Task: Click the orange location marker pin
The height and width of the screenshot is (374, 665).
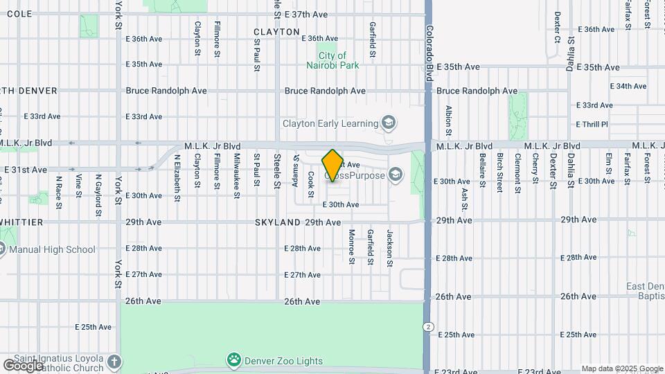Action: (332, 165)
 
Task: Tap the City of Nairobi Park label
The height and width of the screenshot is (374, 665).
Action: (332, 60)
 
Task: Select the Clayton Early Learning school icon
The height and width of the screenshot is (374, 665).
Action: (389, 123)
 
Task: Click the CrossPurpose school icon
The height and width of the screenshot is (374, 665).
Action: (396, 173)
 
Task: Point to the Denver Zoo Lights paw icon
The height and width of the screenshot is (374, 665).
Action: (234, 360)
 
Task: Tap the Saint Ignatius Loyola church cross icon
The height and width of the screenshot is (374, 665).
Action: (114, 362)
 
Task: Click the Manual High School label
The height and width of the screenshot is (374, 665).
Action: (52, 249)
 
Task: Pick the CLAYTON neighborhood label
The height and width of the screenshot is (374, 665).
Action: (276, 32)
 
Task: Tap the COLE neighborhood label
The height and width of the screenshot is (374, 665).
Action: (18, 14)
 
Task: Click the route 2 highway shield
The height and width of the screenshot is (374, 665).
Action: (429, 327)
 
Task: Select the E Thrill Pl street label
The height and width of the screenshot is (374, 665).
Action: (592, 124)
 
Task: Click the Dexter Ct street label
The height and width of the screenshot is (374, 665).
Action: (557, 27)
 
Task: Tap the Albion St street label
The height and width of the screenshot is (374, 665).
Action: (449, 120)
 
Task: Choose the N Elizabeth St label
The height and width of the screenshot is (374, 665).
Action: (177, 177)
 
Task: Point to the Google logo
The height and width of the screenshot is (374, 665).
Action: (23, 365)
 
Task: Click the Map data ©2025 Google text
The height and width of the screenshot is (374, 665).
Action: (621, 368)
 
